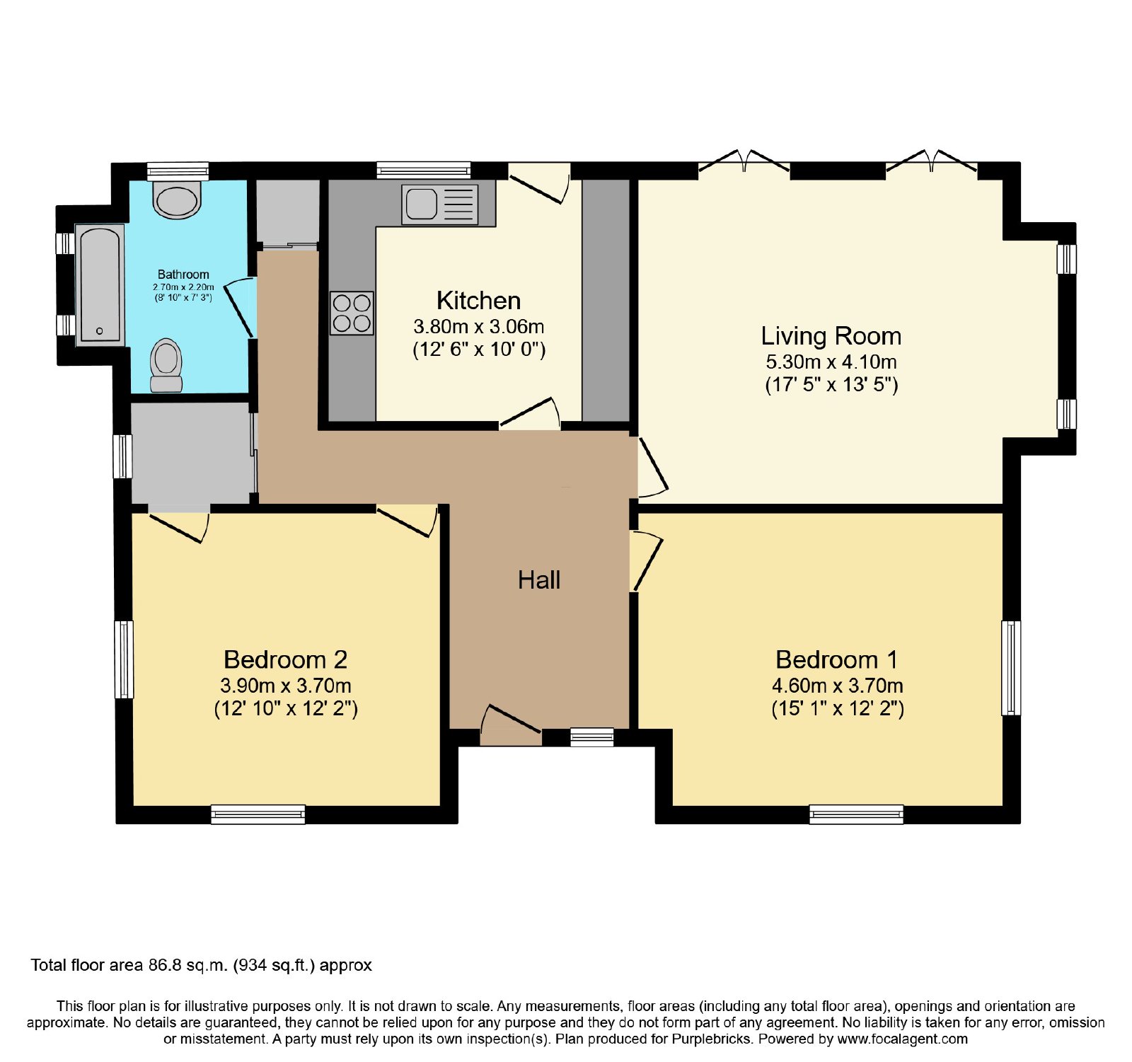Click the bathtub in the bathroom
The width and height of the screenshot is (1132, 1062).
pos(100,285)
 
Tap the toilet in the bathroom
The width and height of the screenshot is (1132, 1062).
pos(166,365)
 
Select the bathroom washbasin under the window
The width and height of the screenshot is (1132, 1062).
pos(178,200)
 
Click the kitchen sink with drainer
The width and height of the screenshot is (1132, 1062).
pos(439,204)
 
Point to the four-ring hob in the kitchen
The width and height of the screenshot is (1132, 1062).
pos(352,313)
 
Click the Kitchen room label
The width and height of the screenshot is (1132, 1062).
pos(478,301)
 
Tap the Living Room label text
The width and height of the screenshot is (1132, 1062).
pos(831,335)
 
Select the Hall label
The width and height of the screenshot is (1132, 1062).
pos(539,580)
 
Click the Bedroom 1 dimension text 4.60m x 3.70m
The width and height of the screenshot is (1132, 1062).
pos(838,686)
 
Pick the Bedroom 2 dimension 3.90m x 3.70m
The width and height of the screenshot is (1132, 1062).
pos(286,686)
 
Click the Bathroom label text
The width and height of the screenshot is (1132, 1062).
pos(183,275)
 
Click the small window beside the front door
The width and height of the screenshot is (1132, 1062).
pos(592,737)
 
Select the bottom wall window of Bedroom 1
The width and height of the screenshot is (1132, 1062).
pos(857,814)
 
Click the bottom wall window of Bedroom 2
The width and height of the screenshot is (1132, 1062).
pos(258,814)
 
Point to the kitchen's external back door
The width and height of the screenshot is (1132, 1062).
pos(539,184)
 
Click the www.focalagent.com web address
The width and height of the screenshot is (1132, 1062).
pos(902,1039)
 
